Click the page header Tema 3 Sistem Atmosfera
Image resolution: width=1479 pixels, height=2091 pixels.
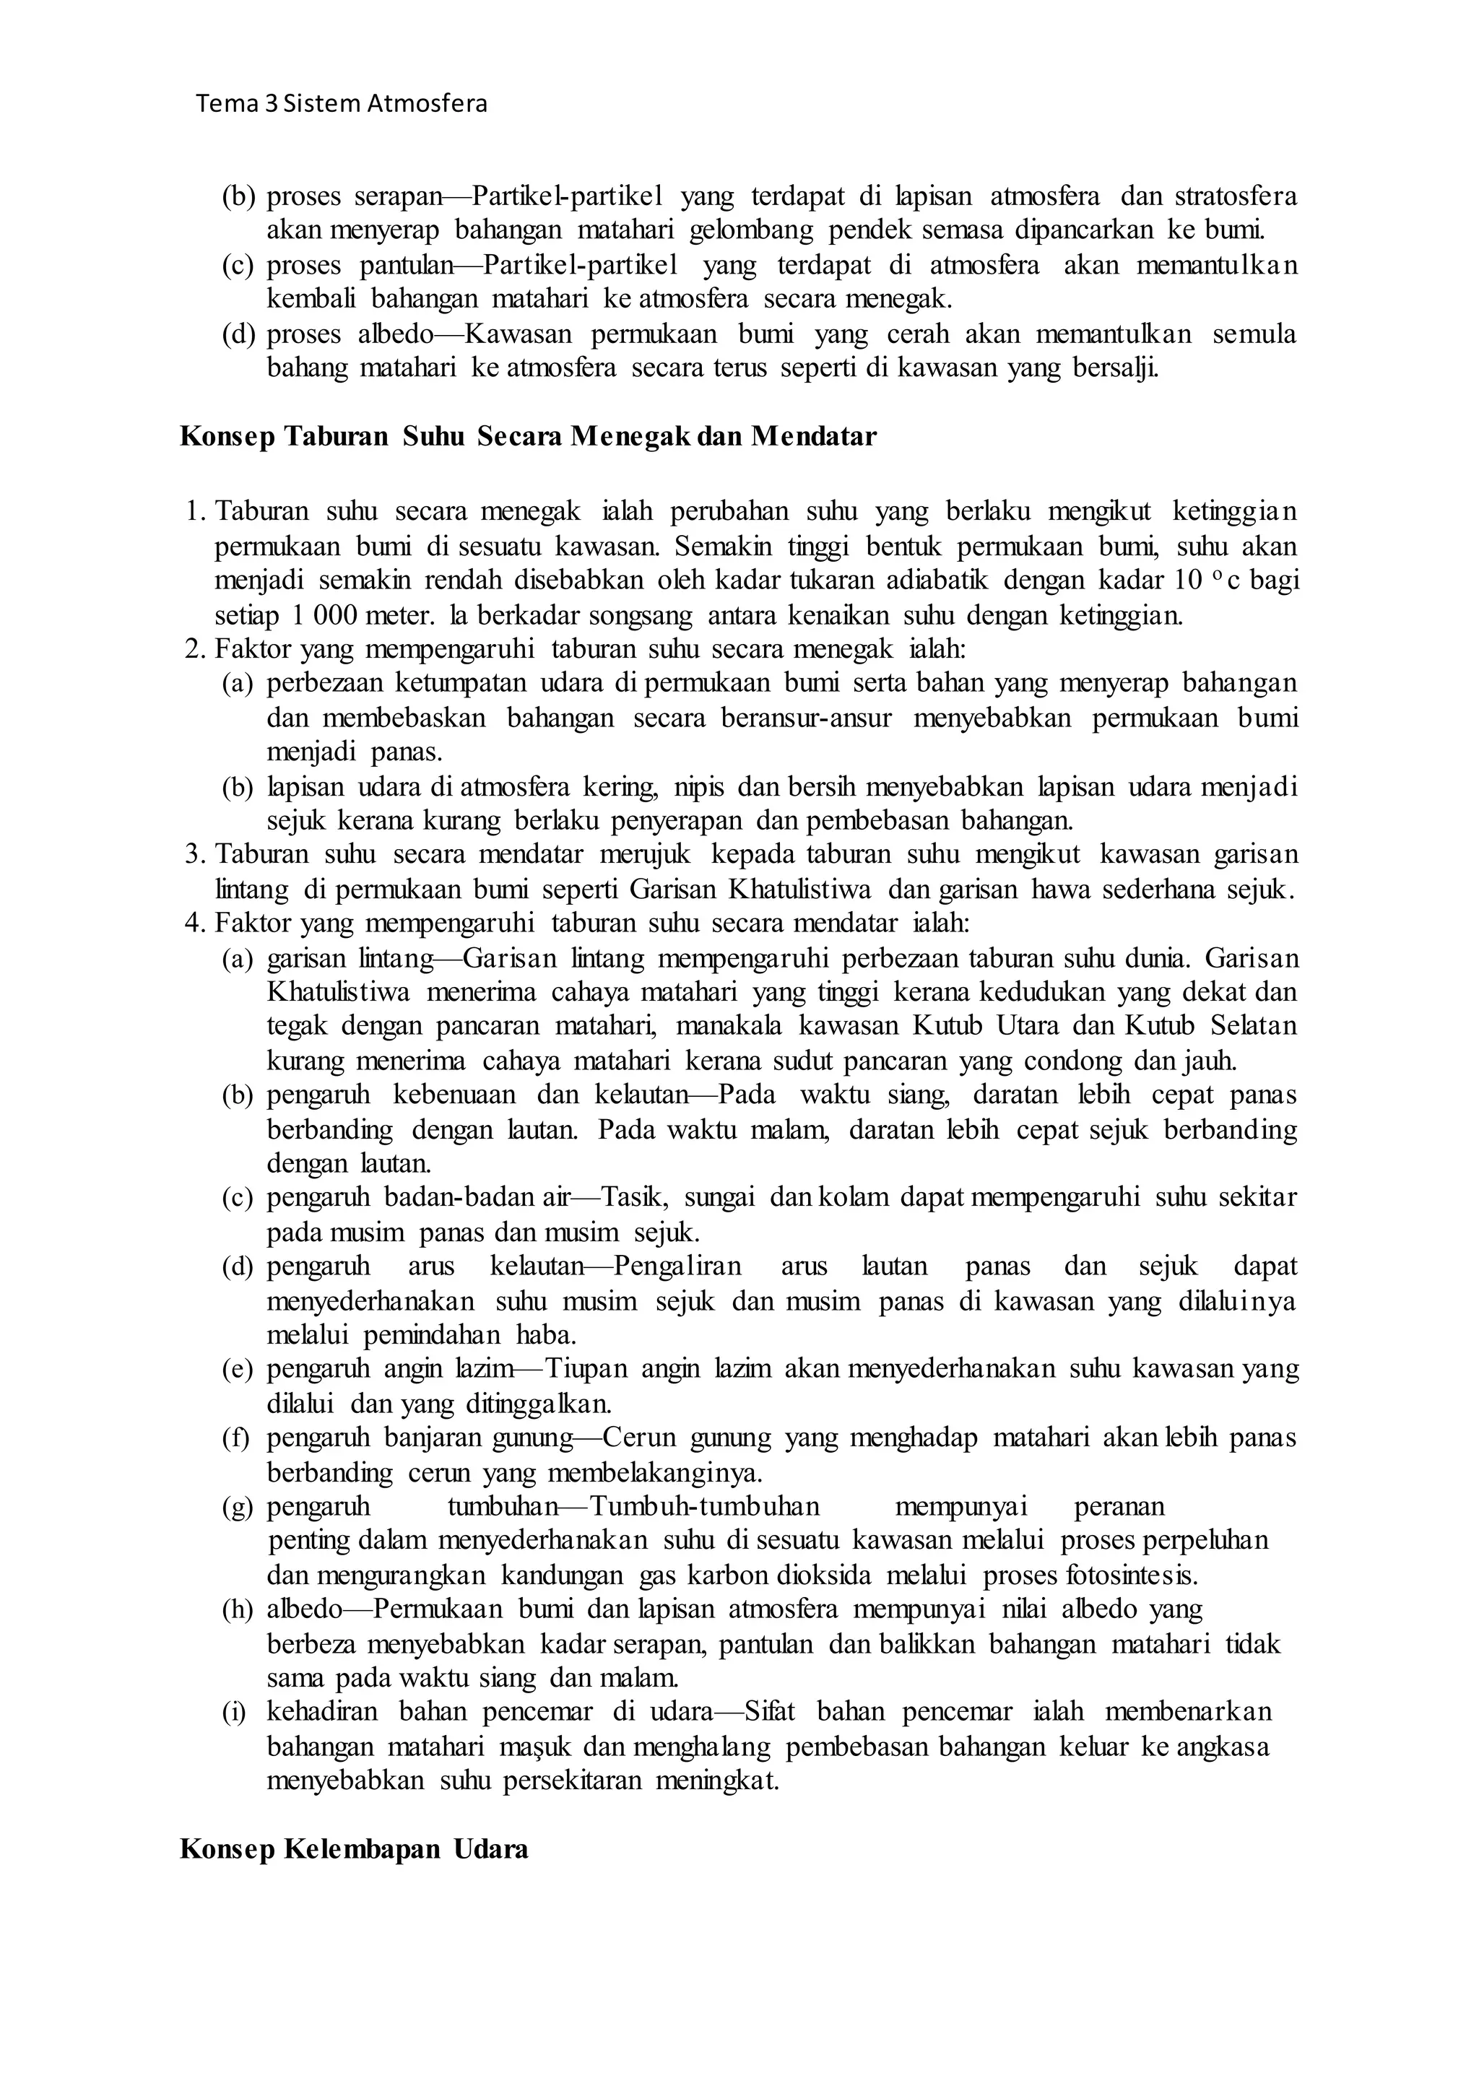point(342,104)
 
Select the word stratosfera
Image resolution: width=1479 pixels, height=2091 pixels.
point(1235,196)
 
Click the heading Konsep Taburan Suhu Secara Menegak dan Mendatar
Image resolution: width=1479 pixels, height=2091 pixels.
point(528,437)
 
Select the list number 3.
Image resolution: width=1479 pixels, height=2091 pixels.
point(192,854)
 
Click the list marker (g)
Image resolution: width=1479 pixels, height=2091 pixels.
point(237,1507)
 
